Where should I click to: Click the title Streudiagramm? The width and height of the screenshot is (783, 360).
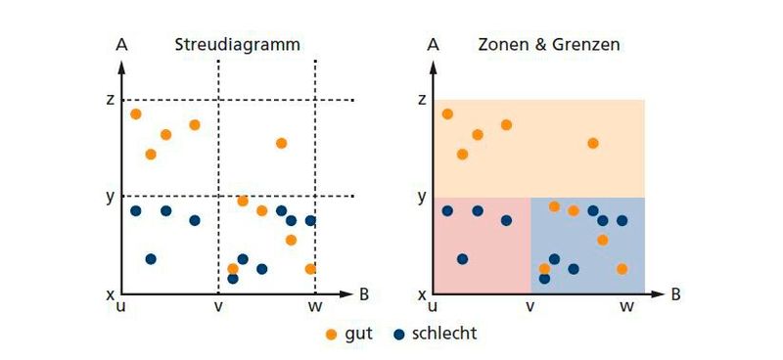point(237,44)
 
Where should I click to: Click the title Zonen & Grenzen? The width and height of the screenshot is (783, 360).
point(549,44)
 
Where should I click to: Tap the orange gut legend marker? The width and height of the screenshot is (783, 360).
point(331,334)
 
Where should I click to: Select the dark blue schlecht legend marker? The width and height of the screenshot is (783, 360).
point(399,334)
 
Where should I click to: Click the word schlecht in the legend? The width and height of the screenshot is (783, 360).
point(444,334)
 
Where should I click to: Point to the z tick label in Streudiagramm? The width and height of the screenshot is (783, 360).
point(111,99)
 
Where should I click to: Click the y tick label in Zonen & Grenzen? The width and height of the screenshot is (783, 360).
point(423,196)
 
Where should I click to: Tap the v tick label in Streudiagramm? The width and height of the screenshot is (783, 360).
point(217,305)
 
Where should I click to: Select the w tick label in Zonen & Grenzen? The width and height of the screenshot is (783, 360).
point(626,305)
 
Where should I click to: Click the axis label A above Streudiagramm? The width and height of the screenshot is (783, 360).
point(121,44)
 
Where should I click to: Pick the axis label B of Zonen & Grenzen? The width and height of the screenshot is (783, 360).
point(676,292)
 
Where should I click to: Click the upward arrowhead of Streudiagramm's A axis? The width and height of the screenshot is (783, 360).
point(121,66)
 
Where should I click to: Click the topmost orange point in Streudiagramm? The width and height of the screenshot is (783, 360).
point(136,114)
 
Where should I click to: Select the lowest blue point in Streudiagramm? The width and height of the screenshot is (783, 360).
point(232,279)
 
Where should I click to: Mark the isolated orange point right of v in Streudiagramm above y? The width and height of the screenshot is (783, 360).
point(281,143)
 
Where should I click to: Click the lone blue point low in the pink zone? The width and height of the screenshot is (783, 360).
point(462,259)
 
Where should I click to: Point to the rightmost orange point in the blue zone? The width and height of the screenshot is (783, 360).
point(622,269)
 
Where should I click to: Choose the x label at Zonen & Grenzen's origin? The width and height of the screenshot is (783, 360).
point(423,293)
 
